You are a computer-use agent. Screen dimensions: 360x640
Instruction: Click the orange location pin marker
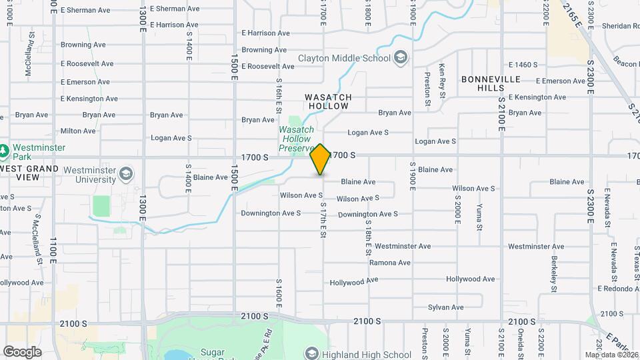click(x=320, y=159)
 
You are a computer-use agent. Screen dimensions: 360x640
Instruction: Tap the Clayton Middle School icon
click(x=400, y=58)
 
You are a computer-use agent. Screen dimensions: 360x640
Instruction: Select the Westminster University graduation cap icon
click(x=125, y=175)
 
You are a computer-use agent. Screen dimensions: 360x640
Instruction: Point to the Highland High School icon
click(x=311, y=353)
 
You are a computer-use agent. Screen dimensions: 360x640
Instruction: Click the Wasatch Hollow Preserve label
click(x=296, y=139)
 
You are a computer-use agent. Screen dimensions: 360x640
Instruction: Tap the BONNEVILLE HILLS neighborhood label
click(x=491, y=83)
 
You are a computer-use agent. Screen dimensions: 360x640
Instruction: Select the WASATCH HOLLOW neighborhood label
click(x=328, y=101)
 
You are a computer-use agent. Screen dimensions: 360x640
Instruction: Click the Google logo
click(x=22, y=351)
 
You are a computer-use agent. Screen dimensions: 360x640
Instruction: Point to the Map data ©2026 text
click(x=611, y=355)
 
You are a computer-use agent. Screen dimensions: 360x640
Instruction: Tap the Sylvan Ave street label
click(x=446, y=307)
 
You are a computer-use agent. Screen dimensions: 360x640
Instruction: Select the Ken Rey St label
click(x=442, y=80)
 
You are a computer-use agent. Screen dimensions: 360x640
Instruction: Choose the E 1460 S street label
click(x=523, y=65)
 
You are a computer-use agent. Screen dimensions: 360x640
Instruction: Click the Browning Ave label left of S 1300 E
click(x=83, y=45)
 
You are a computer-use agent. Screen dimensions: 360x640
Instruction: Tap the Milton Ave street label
click(x=79, y=131)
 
